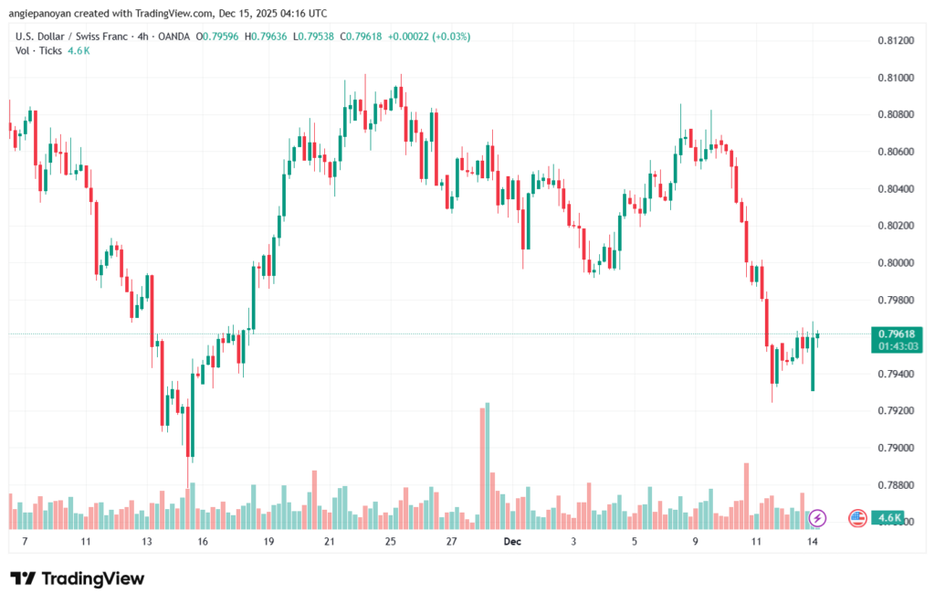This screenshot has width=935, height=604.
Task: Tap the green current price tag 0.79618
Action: (x=895, y=334)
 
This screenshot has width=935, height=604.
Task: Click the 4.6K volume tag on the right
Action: (x=889, y=518)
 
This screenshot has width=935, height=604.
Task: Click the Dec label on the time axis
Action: (x=512, y=541)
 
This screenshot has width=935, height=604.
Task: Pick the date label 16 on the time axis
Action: (x=202, y=541)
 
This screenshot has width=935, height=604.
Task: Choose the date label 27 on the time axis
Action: (x=451, y=541)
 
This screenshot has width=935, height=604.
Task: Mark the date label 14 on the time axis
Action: (x=812, y=541)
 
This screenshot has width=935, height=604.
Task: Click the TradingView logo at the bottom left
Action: (x=77, y=578)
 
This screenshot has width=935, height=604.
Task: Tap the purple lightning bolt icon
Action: (x=817, y=518)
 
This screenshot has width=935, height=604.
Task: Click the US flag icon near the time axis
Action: (x=856, y=518)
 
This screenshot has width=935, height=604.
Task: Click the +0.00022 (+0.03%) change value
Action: (x=428, y=37)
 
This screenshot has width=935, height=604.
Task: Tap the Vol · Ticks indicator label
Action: (x=38, y=50)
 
